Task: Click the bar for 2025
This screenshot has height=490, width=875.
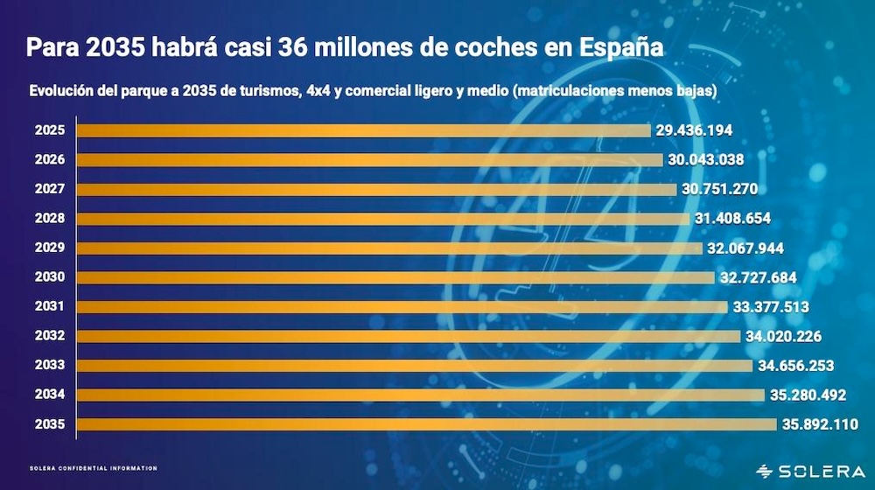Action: coord(364,130)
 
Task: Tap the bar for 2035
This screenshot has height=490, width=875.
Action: coord(426,424)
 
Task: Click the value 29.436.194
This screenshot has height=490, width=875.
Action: coord(694,130)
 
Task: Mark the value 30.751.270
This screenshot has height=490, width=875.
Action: coord(718,189)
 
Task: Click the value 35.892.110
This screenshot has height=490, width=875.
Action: coord(820,424)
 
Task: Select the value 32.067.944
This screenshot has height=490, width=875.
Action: coord(745,248)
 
